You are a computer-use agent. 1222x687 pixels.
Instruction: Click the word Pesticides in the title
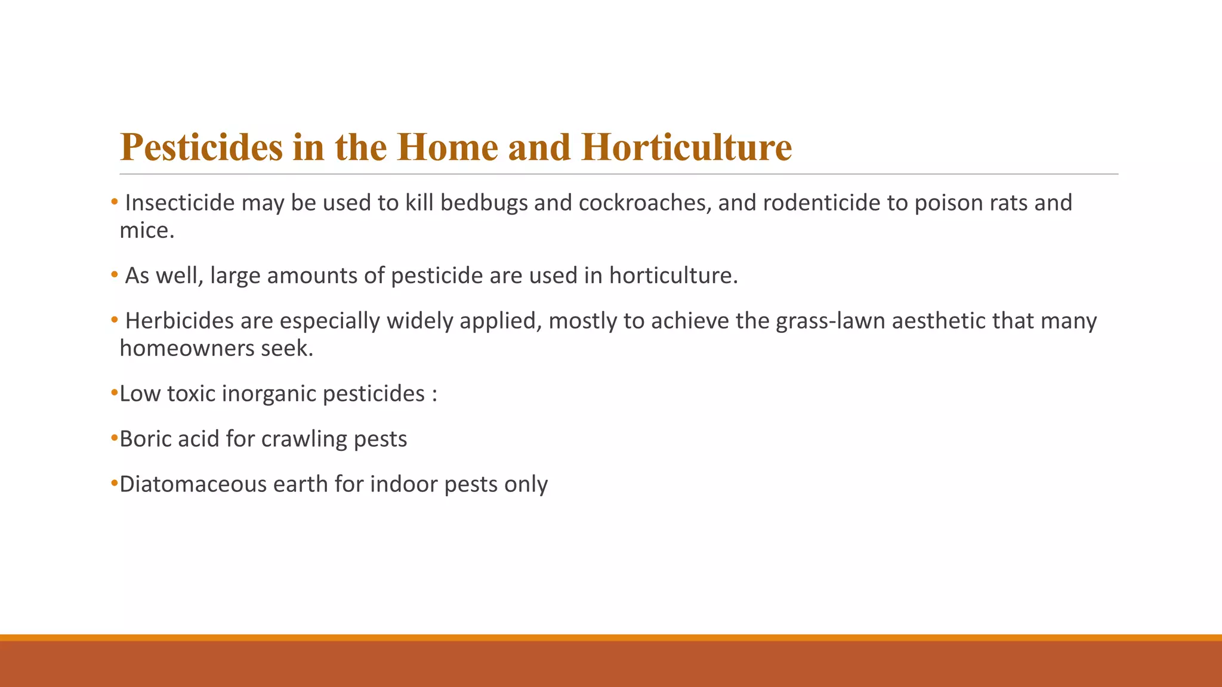click(x=201, y=147)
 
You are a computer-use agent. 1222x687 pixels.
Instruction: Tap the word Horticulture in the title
click(x=686, y=147)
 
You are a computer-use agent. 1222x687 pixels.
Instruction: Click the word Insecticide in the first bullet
click(x=180, y=203)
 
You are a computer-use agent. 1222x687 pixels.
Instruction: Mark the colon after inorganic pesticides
click(x=434, y=395)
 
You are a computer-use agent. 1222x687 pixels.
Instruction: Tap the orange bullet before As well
click(x=114, y=276)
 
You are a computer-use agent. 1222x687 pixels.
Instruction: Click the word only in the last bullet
click(x=526, y=484)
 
